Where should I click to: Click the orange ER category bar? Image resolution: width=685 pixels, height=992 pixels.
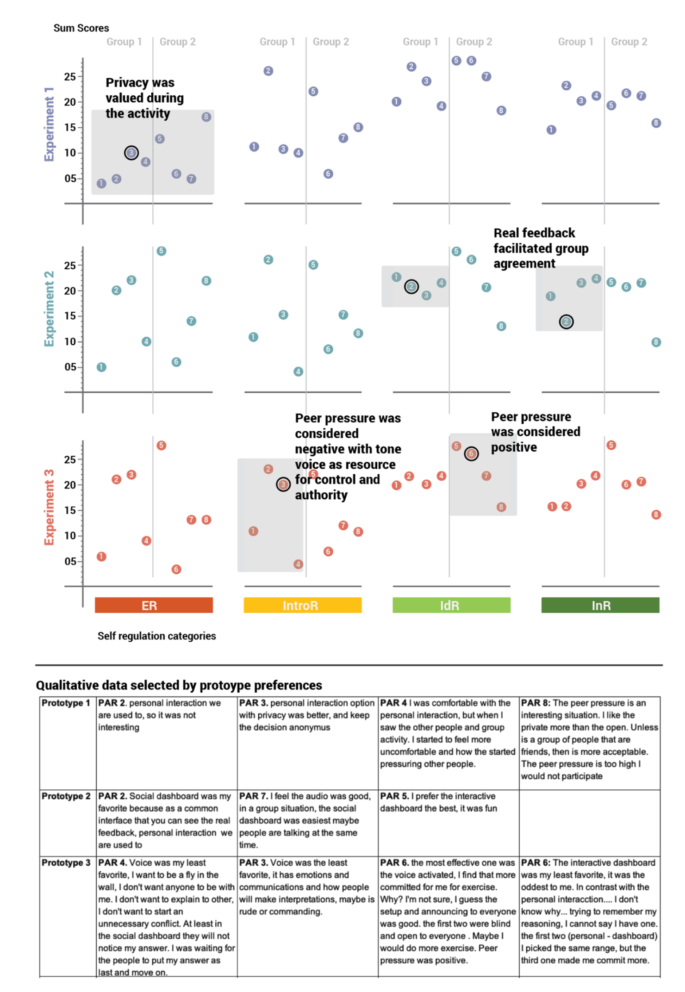pyautogui.click(x=154, y=605)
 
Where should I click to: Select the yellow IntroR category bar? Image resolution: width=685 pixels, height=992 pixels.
pyautogui.click(x=302, y=605)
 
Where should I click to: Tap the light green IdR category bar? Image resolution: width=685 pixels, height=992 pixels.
pyautogui.click(x=451, y=605)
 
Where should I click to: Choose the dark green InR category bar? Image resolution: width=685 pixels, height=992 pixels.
pyautogui.click(x=600, y=605)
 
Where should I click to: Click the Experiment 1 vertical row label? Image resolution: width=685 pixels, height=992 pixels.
pyautogui.click(x=49, y=124)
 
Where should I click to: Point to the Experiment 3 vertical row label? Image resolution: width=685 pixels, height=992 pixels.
pyautogui.click(x=49, y=507)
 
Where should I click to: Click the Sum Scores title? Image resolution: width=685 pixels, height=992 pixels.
pyautogui.click(x=81, y=28)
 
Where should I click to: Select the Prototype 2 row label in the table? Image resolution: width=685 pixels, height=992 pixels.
pyautogui.click(x=66, y=796)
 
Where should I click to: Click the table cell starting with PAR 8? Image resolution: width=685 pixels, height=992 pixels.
pyautogui.click(x=589, y=739)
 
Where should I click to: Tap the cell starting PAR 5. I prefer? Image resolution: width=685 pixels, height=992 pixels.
pyautogui.click(x=448, y=802)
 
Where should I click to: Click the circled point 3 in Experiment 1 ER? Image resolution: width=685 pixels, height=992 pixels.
pyautogui.click(x=131, y=153)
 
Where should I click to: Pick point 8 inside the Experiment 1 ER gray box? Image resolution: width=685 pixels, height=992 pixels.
pyautogui.click(x=206, y=117)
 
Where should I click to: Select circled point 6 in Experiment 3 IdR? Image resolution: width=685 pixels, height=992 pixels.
pyautogui.click(x=471, y=454)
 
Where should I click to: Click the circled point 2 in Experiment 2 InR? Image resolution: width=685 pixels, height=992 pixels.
pyautogui.click(x=566, y=322)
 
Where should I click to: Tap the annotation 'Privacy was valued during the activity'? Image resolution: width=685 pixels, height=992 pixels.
pyautogui.click(x=144, y=98)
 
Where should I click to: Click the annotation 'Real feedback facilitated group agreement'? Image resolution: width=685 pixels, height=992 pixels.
pyautogui.click(x=540, y=248)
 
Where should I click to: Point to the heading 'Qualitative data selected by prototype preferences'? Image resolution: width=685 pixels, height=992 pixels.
pyautogui.click(x=179, y=685)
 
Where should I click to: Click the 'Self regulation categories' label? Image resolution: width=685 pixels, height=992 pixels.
pyautogui.click(x=156, y=636)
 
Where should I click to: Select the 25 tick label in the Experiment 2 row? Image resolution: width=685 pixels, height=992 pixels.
pyautogui.click(x=70, y=266)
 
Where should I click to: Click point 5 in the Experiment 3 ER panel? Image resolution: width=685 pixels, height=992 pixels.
pyautogui.click(x=161, y=446)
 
